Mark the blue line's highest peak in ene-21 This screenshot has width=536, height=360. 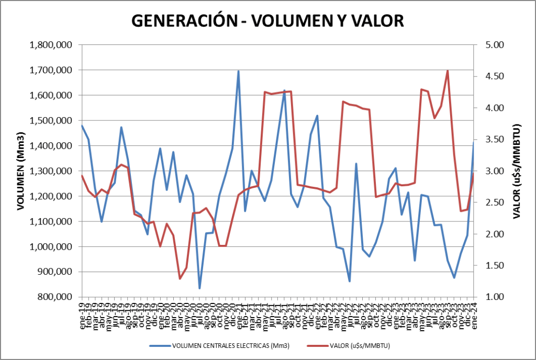239,71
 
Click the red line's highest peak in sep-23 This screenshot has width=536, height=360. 448,71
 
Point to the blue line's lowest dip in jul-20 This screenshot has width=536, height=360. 199,288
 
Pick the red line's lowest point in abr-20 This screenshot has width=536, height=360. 180,278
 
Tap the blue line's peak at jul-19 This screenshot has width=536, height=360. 121,127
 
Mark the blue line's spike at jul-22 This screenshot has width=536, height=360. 356,164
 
